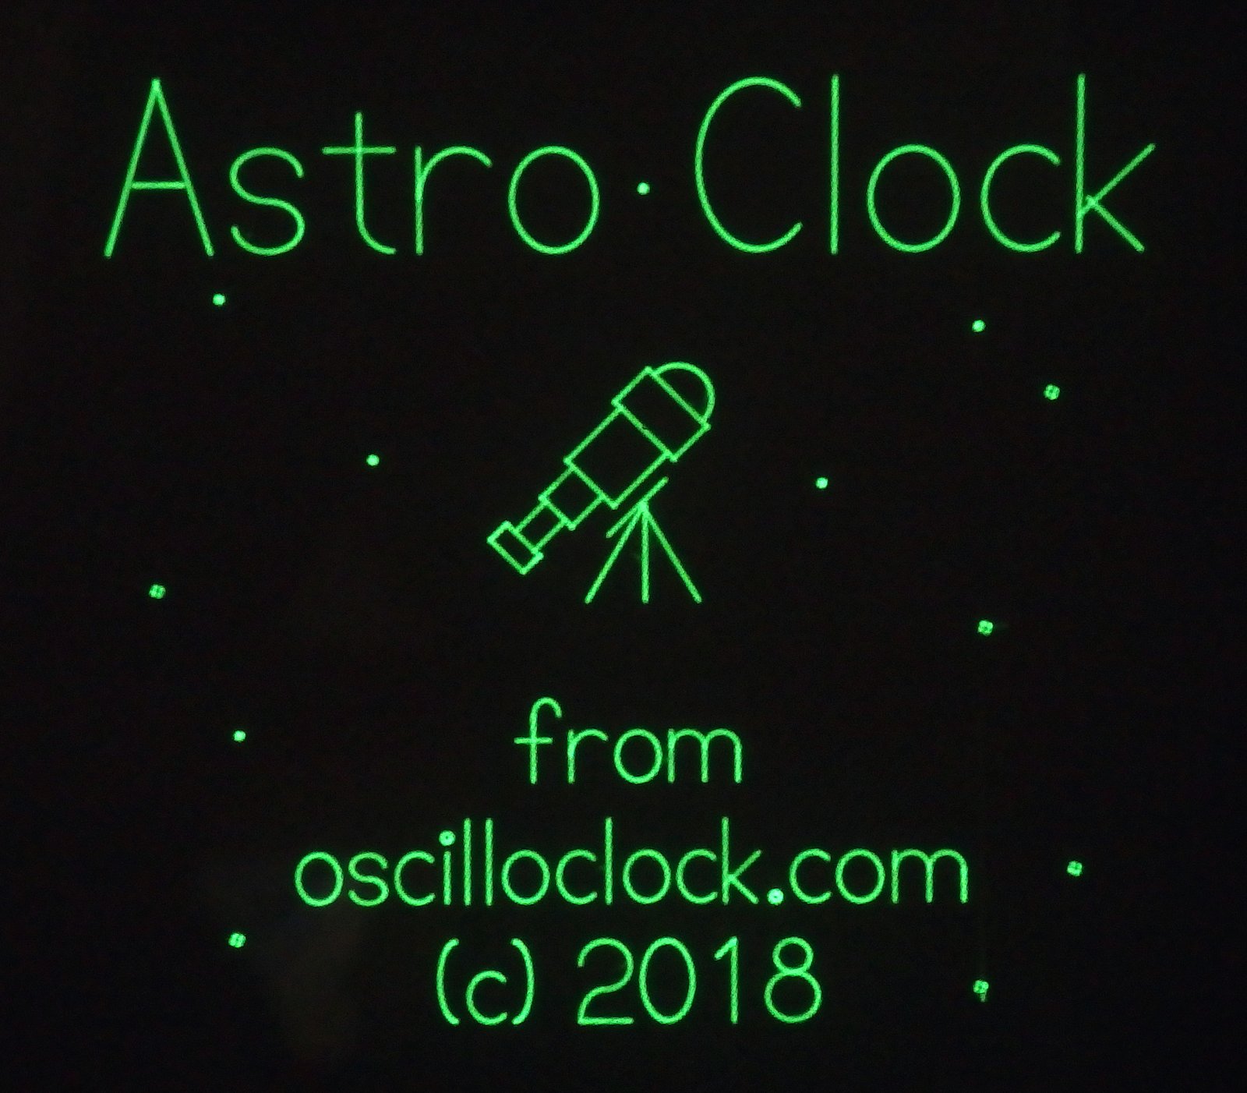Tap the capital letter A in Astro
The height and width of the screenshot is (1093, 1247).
pyautogui.click(x=161, y=172)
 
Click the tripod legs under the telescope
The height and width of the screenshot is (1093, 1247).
pyautogui.click(x=643, y=550)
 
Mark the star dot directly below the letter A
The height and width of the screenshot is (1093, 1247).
pyautogui.click(x=221, y=299)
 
